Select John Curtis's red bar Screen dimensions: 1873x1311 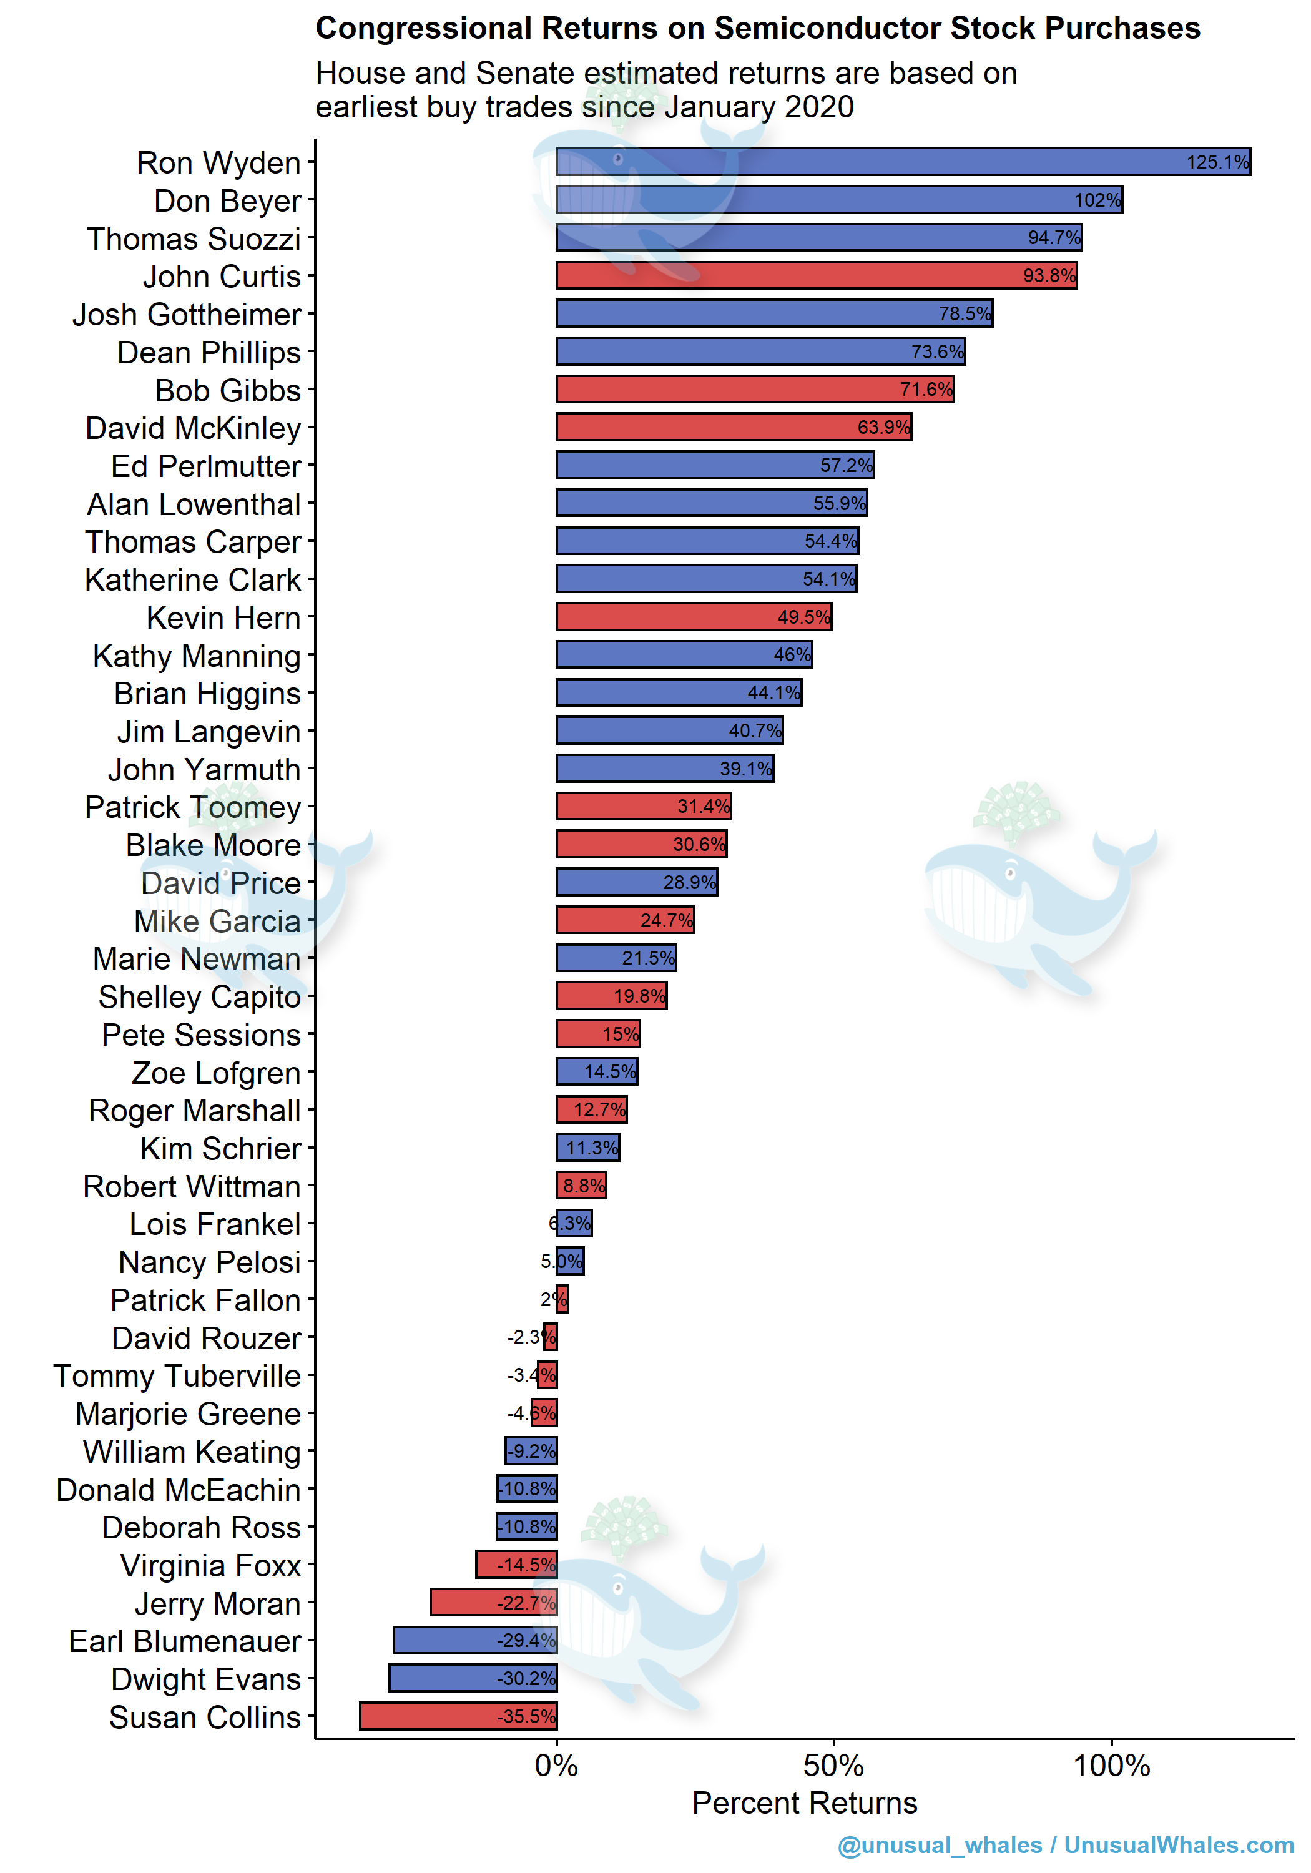click(x=816, y=276)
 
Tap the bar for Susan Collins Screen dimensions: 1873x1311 click(x=458, y=1716)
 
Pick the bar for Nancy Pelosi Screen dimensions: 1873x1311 click(x=570, y=1261)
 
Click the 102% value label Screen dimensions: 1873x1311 click(x=1097, y=200)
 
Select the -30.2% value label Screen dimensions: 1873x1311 click(x=526, y=1678)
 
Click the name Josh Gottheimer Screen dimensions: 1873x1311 click(x=187, y=315)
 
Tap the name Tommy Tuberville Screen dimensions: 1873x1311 click(x=177, y=1376)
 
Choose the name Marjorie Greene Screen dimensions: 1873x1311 click(x=189, y=1413)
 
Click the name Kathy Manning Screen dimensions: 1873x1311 click(x=197, y=656)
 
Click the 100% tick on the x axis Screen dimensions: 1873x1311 click(x=1111, y=1766)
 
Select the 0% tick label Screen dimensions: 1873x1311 click(x=556, y=1766)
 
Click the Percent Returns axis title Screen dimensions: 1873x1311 click(x=804, y=1803)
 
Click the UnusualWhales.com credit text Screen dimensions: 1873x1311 click(x=1179, y=1846)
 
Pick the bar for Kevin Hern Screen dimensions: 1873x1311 click(x=694, y=617)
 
